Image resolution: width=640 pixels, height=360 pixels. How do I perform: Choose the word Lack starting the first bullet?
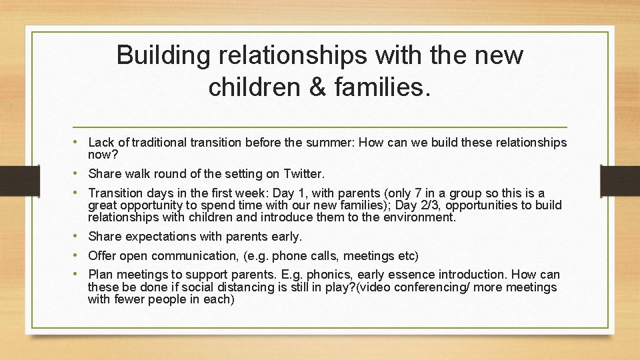click(101, 142)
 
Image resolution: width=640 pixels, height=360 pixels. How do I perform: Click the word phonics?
click(327, 275)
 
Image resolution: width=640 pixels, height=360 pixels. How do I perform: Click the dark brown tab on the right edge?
click(620, 180)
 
